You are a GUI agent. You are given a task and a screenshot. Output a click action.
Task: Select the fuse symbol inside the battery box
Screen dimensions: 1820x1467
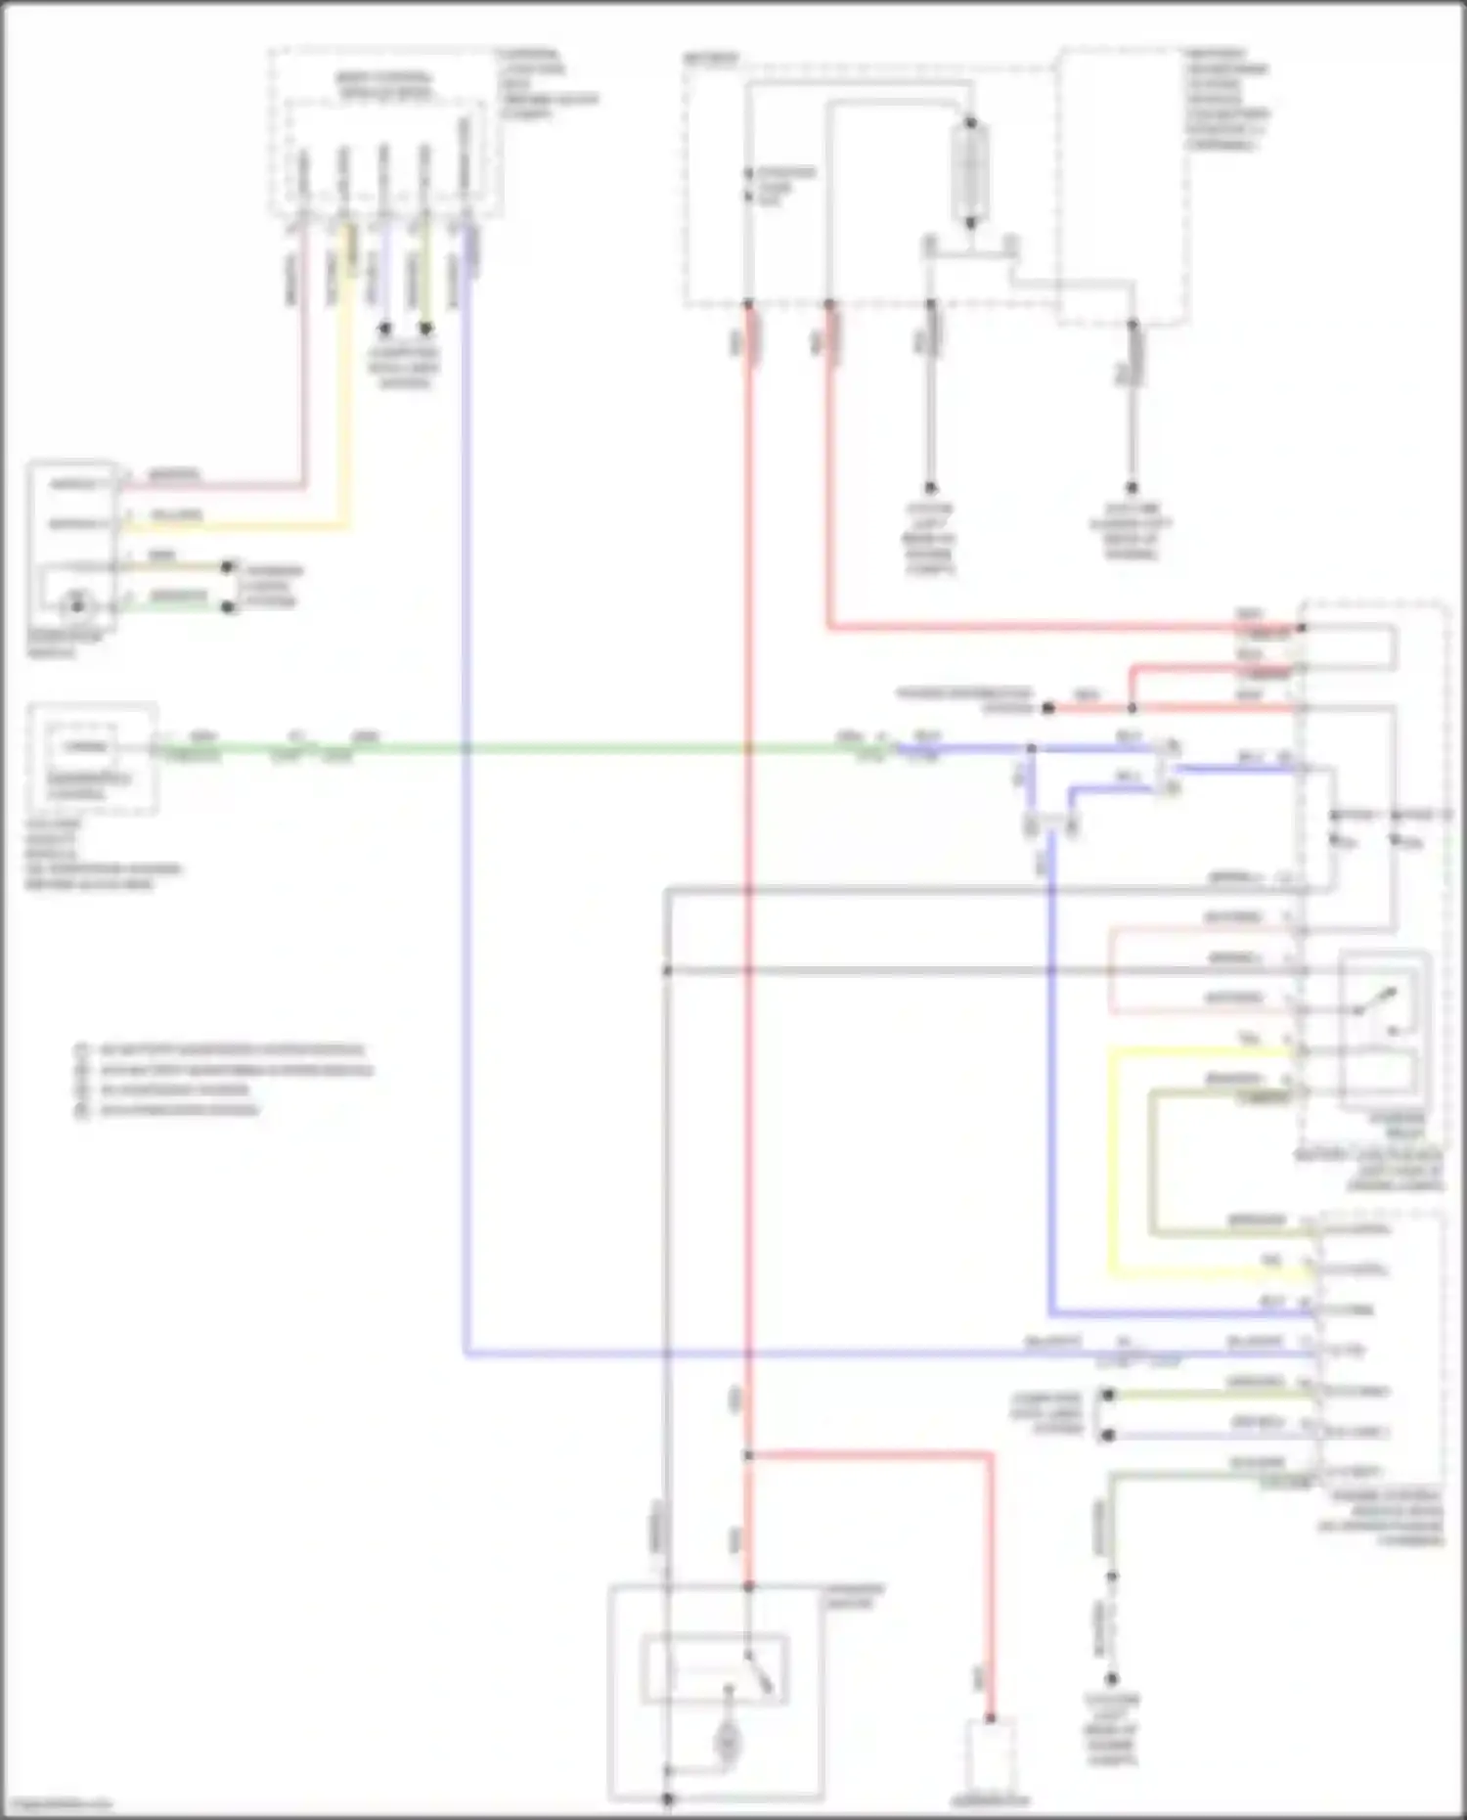(x=970, y=173)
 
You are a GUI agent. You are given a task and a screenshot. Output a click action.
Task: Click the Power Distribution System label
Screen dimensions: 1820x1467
(x=964, y=699)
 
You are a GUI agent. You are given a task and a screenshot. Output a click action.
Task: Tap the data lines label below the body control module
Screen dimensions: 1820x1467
(x=404, y=368)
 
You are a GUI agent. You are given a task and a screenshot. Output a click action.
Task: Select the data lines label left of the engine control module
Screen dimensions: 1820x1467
(x=1046, y=1414)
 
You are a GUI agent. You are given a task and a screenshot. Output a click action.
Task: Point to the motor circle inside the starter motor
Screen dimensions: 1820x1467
(x=728, y=1740)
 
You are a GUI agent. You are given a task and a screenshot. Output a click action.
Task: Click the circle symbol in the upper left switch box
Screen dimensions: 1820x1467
(x=75, y=606)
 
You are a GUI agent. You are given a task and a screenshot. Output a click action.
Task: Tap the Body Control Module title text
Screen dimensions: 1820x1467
(x=382, y=85)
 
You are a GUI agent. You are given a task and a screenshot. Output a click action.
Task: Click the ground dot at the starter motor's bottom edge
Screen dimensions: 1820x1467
(x=668, y=1798)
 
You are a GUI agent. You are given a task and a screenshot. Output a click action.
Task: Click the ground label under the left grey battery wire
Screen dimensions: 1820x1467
(x=929, y=538)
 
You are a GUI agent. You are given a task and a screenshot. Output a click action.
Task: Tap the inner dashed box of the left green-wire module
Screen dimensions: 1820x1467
(x=84, y=748)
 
